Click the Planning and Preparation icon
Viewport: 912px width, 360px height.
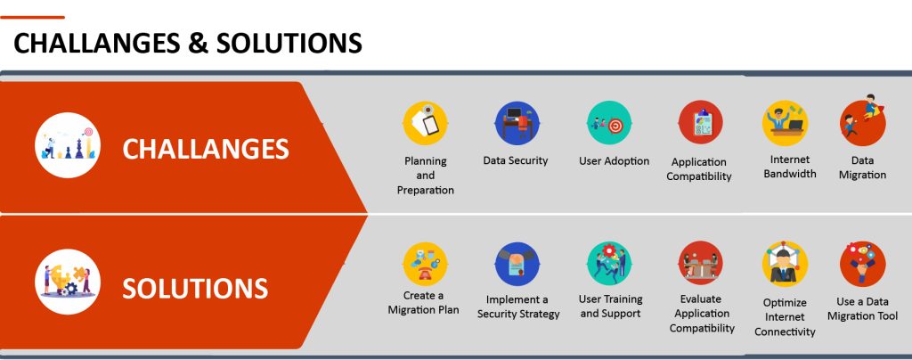coord(425,123)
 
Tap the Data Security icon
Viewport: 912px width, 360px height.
coord(517,123)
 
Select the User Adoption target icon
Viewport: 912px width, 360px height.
coord(609,123)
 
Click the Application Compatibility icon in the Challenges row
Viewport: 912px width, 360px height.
coord(700,123)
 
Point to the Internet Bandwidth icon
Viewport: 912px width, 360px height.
coord(785,123)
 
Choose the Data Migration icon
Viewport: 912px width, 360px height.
coord(863,120)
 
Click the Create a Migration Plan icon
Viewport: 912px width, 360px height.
coord(425,264)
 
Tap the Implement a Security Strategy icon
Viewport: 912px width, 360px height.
coord(517,264)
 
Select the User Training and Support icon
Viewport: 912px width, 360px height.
coord(609,264)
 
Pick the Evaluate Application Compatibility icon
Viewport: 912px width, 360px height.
coord(700,264)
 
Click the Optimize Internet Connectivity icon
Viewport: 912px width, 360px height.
coord(785,264)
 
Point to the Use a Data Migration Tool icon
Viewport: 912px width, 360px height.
coord(863,264)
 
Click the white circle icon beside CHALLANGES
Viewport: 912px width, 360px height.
coord(68,145)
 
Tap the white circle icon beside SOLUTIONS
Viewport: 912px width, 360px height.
coord(68,282)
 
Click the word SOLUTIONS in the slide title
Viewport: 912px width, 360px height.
coord(289,43)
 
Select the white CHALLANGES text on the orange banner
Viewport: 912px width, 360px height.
coord(206,149)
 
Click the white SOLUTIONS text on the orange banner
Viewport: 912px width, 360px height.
coord(195,289)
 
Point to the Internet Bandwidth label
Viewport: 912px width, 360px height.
coord(790,167)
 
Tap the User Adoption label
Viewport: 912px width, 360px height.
coord(614,161)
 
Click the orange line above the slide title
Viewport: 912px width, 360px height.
coord(33,18)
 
